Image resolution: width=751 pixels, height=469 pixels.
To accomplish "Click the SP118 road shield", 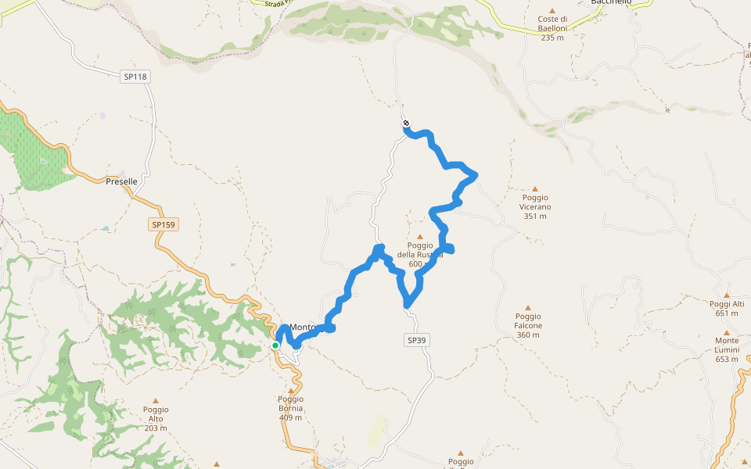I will click(x=135, y=77).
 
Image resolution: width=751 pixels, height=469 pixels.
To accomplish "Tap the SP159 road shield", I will click(x=163, y=224).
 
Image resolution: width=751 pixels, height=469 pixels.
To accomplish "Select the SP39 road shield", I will click(x=419, y=340).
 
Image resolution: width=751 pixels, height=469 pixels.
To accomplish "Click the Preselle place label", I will click(x=121, y=181).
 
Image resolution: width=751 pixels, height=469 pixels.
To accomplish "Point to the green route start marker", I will click(x=275, y=345).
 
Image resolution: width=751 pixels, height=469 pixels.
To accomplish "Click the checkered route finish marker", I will click(x=406, y=123).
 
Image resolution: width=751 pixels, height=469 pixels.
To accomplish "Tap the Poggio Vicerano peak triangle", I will click(x=536, y=188).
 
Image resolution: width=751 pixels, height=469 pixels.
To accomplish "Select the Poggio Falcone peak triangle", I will click(x=527, y=308).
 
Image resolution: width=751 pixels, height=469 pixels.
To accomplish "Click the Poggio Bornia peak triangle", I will click(x=291, y=391).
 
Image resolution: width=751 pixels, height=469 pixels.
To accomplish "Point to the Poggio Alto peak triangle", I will click(x=155, y=400).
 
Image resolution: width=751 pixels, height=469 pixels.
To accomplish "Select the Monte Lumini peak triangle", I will click(x=726, y=331).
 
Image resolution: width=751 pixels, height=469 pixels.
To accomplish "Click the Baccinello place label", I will click(x=611, y=3).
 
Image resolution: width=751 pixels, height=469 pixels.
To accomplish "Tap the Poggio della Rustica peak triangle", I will click(x=420, y=236).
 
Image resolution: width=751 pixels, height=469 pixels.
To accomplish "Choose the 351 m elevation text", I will click(x=536, y=217).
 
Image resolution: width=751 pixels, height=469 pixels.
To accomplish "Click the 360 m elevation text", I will click(x=528, y=335).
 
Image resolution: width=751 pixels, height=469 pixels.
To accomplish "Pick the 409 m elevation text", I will click(x=290, y=417).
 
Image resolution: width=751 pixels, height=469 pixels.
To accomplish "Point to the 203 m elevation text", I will click(x=156, y=428).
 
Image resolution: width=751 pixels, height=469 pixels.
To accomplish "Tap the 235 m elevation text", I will click(x=552, y=38).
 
